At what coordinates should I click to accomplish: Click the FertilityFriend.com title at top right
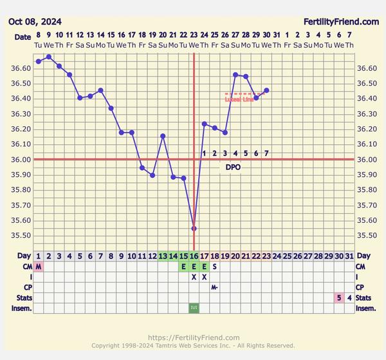tap(341, 21)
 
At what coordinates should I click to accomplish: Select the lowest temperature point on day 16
tap(194, 229)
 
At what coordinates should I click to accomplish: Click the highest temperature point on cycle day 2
tap(49, 57)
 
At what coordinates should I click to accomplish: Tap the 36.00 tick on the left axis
tap(19, 160)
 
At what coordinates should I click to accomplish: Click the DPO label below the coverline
tap(233, 167)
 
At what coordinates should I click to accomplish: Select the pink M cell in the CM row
tap(39, 267)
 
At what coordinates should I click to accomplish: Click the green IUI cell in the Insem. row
tap(194, 308)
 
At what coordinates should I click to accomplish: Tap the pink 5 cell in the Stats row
tap(338, 298)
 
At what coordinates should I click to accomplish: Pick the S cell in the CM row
tap(214, 267)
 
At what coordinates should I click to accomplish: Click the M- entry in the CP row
tap(214, 287)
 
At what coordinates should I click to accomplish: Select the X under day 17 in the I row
tap(204, 277)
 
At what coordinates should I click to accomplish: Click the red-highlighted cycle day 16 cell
tap(194, 256)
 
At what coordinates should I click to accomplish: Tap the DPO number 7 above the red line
tap(266, 153)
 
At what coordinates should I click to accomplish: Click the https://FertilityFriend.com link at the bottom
tap(193, 337)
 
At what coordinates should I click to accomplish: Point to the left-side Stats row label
tap(19, 298)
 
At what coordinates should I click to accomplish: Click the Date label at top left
tap(22, 37)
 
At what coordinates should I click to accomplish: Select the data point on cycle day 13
tap(163, 136)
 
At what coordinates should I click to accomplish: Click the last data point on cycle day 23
tap(266, 90)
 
